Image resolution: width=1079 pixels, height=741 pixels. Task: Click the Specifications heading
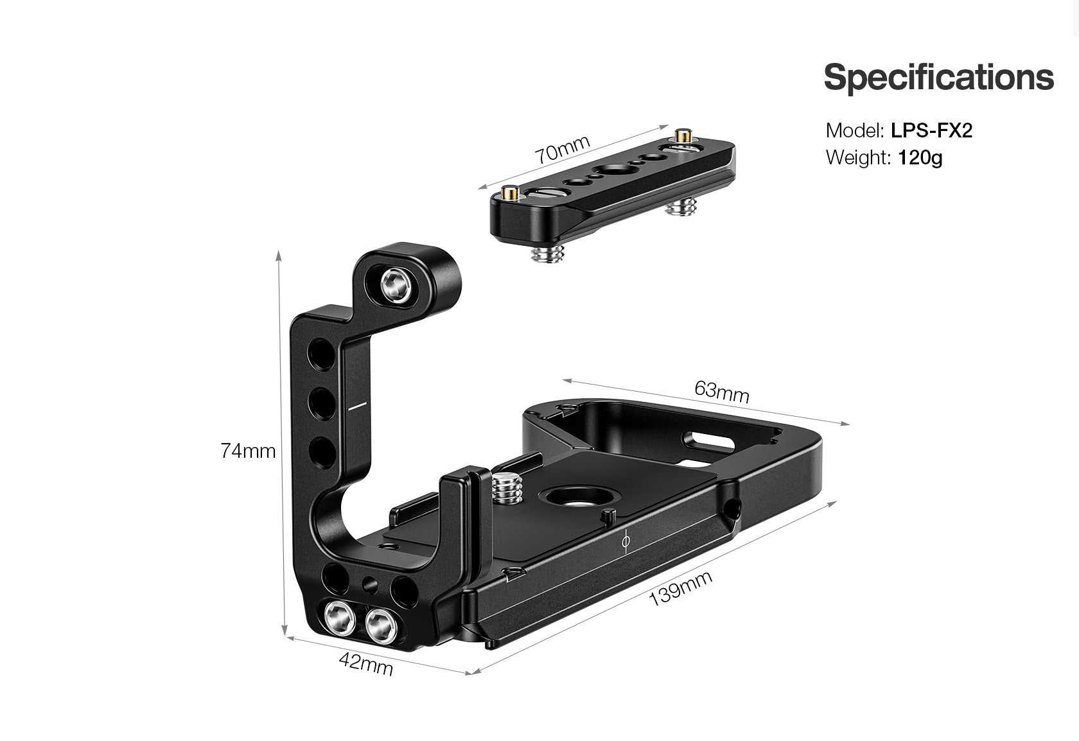click(x=938, y=77)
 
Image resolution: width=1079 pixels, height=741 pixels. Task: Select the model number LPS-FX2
click(x=931, y=130)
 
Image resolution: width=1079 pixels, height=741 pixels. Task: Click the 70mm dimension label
click(x=563, y=149)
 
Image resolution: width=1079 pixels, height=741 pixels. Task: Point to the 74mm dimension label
click(x=248, y=451)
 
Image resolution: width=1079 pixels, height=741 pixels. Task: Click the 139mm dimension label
click(x=681, y=588)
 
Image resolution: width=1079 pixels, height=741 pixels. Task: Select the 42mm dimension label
click(x=366, y=663)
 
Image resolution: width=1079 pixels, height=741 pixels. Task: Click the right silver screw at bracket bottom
click(x=380, y=625)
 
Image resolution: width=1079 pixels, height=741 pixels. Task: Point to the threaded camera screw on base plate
click(x=507, y=489)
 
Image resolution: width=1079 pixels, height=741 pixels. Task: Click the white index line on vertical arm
click(x=356, y=406)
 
